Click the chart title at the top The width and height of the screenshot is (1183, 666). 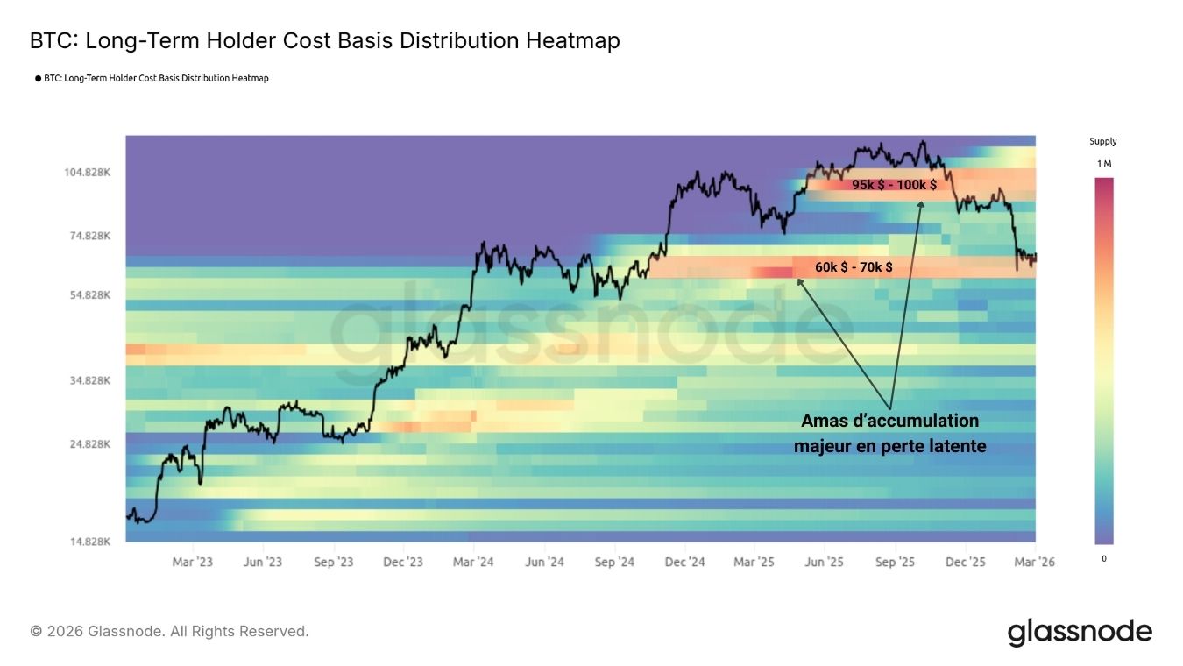(x=324, y=40)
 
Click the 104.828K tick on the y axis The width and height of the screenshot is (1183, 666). (x=88, y=172)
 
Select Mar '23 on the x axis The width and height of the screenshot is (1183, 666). (x=192, y=562)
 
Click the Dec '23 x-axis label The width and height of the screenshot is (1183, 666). (x=403, y=562)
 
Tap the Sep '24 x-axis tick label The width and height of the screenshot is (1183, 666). (x=614, y=562)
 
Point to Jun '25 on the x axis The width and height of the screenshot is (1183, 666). (x=825, y=562)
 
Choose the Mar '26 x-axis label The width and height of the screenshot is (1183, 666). (x=1034, y=562)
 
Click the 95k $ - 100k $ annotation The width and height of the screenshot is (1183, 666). (x=894, y=185)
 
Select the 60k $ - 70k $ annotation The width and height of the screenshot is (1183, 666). (x=854, y=266)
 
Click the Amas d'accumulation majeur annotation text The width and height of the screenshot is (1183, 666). (x=889, y=434)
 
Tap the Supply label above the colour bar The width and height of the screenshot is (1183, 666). (x=1103, y=141)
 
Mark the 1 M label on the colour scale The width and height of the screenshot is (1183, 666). (x=1103, y=164)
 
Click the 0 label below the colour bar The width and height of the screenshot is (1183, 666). (x=1103, y=558)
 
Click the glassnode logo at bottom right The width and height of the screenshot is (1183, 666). (x=1080, y=632)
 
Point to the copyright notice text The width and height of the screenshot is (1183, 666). (x=169, y=631)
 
